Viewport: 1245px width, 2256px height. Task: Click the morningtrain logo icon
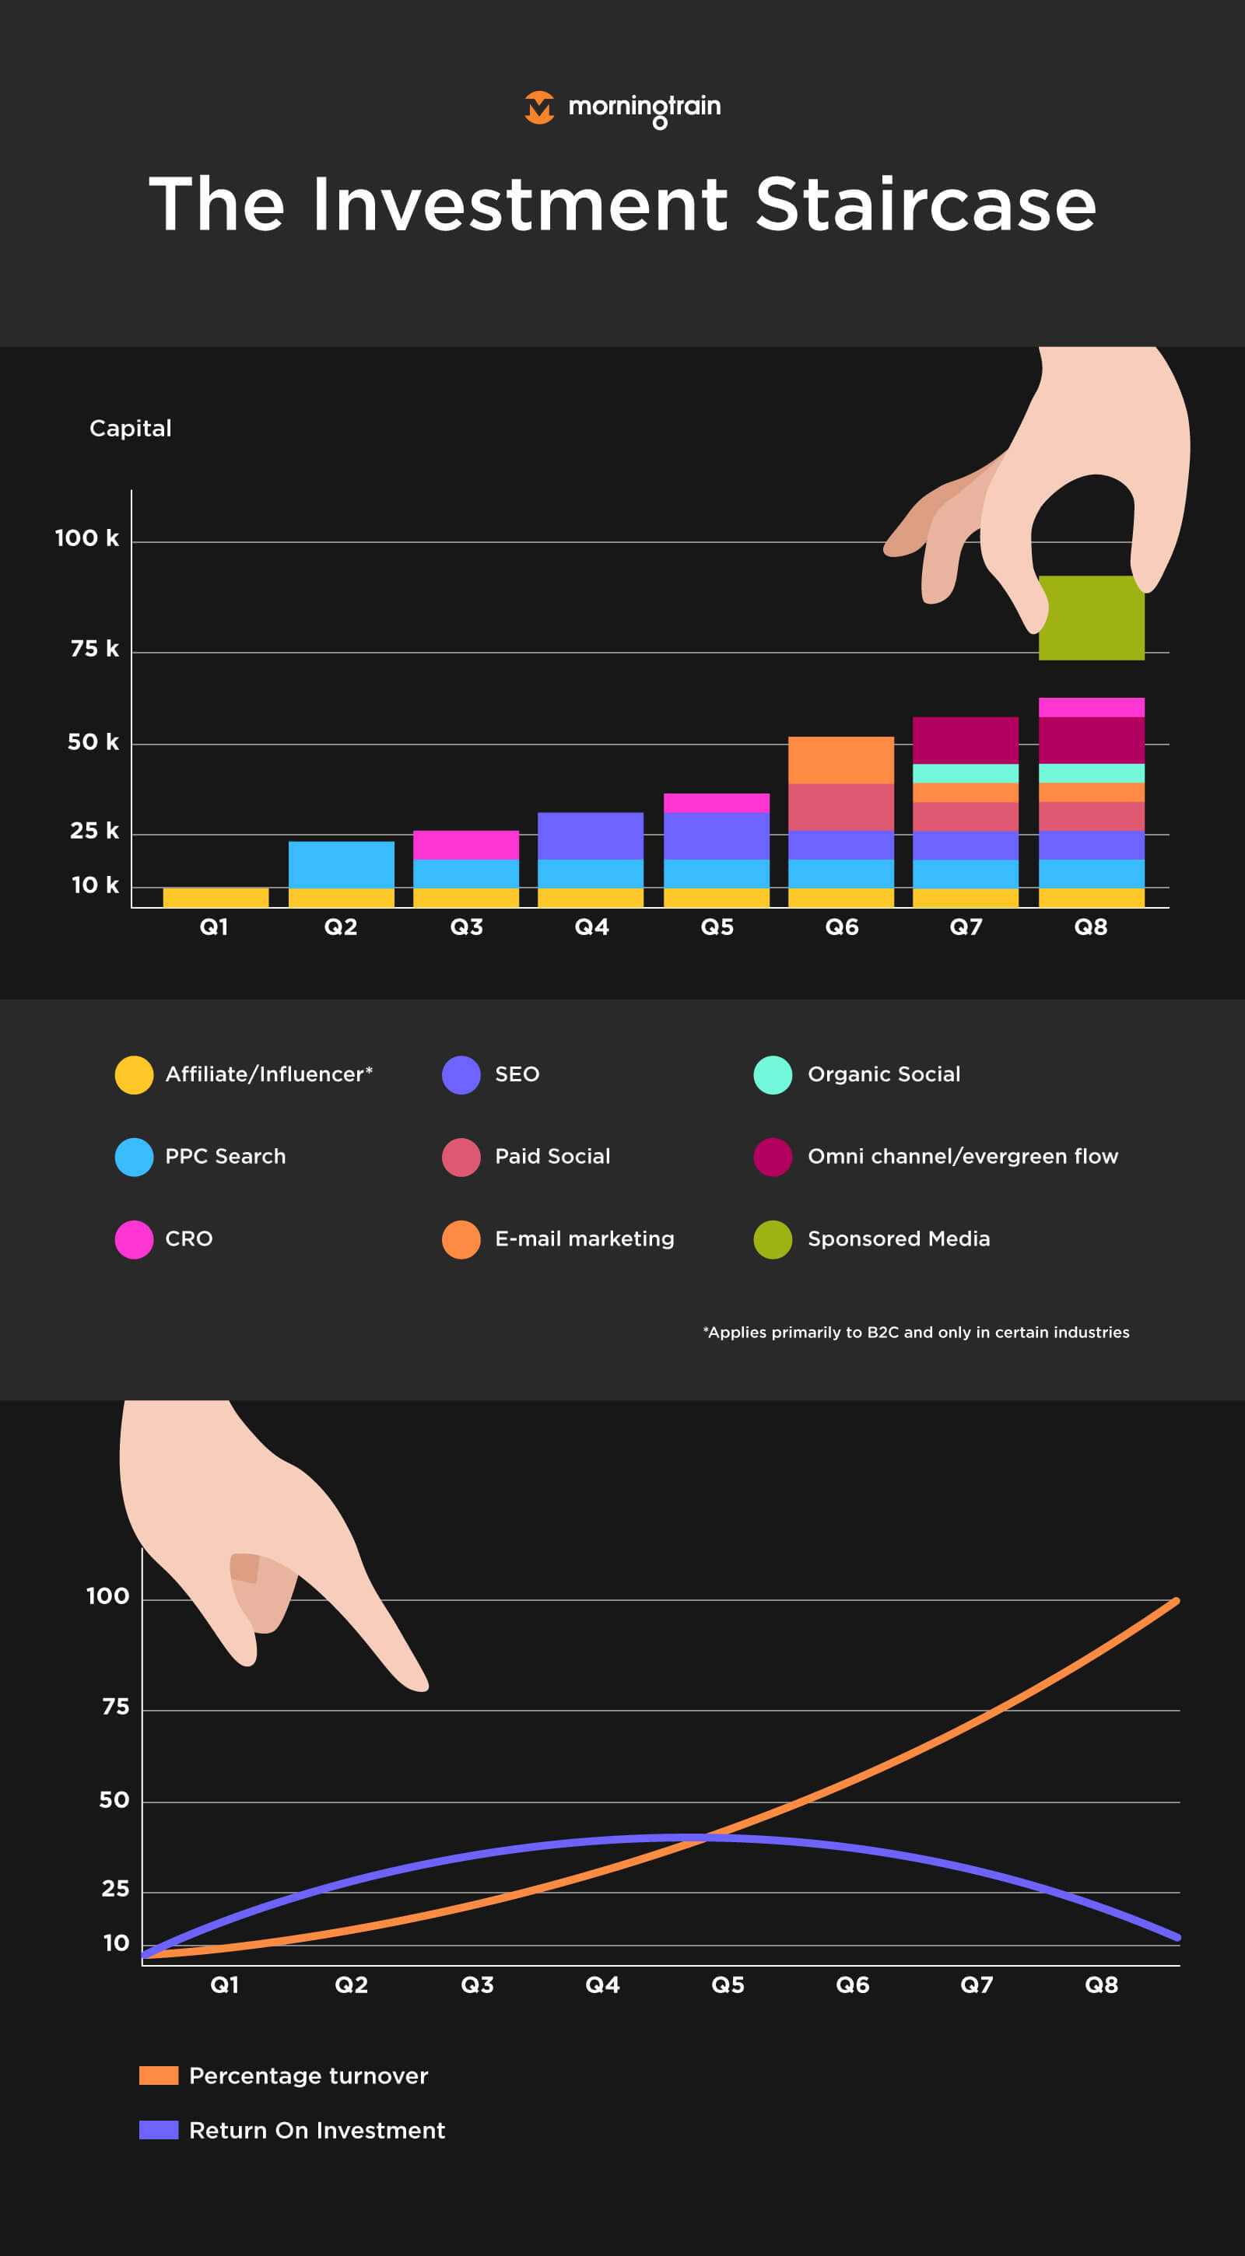coord(538,107)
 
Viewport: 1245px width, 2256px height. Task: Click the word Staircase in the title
coord(925,205)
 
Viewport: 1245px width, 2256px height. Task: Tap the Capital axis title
coord(131,429)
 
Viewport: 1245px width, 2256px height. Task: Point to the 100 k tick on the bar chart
coord(86,538)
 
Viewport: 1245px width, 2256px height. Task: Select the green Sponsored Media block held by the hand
coord(1091,618)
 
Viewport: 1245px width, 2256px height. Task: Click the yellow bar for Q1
coord(216,897)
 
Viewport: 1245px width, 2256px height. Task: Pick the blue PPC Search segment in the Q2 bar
coord(341,864)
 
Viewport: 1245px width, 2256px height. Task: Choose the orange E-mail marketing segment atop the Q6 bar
coord(840,759)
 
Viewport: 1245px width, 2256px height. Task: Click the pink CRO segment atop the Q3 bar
coord(465,844)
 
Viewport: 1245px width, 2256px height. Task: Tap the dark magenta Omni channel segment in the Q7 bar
coord(965,740)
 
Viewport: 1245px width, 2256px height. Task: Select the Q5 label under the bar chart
coord(717,927)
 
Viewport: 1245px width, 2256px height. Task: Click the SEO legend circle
coord(461,1074)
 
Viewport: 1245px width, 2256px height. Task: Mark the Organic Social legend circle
coord(772,1074)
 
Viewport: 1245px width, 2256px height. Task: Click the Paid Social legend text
coord(552,1156)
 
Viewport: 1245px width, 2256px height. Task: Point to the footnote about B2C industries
coord(916,1332)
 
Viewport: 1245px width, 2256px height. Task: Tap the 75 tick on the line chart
coord(116,1706)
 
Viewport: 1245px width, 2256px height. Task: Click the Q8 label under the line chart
coord(1100,1985)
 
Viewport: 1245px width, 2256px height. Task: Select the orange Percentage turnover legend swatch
coord(159,2075)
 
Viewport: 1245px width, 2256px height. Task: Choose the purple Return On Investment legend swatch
coord(159,2129)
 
